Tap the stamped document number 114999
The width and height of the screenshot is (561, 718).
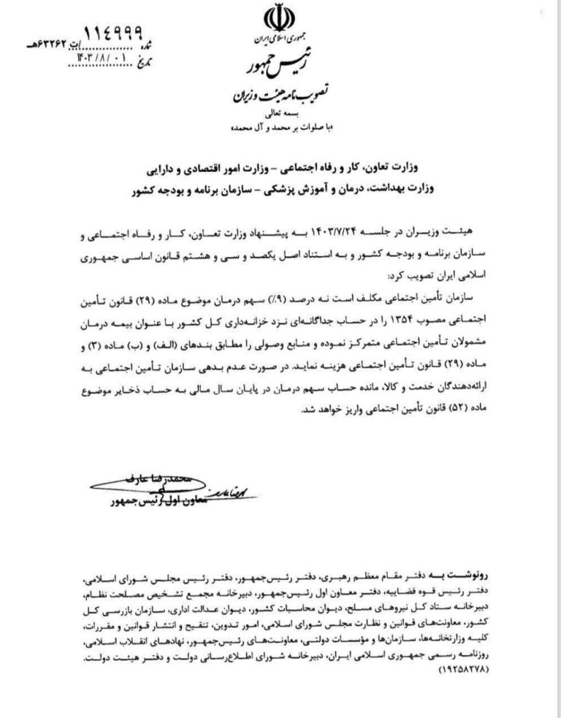pyautogui.click(x=116, y=32)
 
